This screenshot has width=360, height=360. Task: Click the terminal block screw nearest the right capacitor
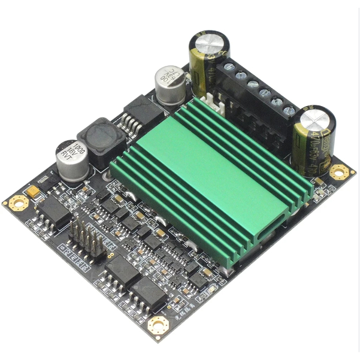click(x=289, y=110)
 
